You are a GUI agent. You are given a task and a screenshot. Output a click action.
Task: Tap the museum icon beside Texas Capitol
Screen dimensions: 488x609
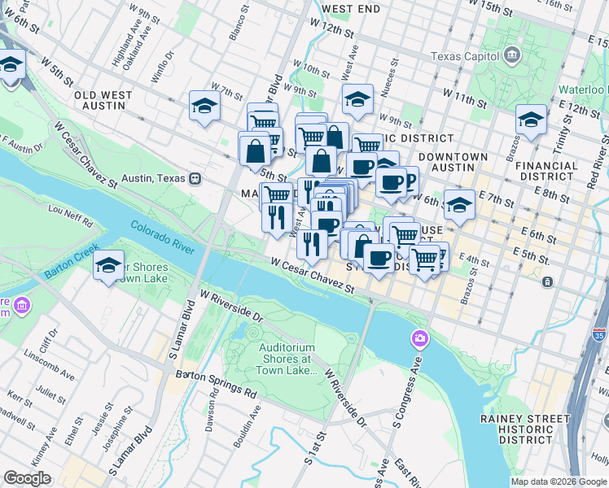[512, 56]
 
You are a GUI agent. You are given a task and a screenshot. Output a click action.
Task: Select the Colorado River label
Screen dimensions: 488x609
[162, 237]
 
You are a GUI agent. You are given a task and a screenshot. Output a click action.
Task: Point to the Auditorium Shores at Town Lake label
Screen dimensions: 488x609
[286, 359]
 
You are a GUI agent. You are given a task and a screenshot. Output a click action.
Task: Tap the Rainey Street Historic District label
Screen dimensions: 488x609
[525, 429]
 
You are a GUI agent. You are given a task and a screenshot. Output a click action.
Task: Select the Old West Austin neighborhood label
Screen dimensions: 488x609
[103, 100]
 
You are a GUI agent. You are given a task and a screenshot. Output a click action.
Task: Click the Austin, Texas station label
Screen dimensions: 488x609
[155, 178]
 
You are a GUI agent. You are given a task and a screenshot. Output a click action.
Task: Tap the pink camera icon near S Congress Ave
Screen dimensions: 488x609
[420, 338]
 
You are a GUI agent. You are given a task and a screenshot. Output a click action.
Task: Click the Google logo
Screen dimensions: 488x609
[27, 478]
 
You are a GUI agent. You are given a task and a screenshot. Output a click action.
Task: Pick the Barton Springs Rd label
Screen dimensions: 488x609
[217, 384]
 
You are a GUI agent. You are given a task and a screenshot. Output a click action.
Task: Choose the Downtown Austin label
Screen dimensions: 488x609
[453, 163]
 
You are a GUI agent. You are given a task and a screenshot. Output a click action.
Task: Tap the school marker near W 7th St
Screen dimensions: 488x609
[204, 106]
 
